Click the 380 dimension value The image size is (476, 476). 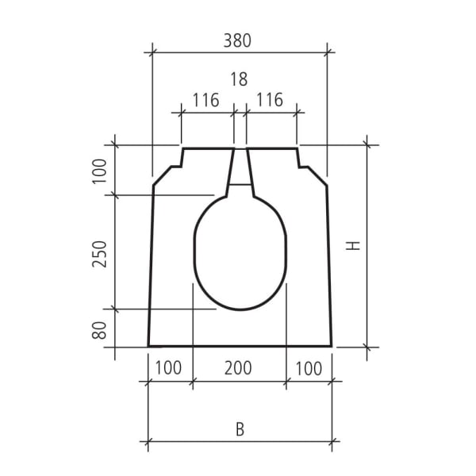(x=239, y=40)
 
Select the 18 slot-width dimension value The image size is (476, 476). (x=239, y=79)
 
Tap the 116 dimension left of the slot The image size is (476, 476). (x=205, y=101)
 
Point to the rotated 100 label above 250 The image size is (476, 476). (x=99, y=171)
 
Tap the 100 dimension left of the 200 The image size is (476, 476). (x=168, y=368)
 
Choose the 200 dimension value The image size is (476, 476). (x=238, y=368)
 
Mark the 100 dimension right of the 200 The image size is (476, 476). (x=309, y=368)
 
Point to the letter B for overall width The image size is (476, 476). (x=240, y=430)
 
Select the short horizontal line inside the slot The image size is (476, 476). (x=240, y=185)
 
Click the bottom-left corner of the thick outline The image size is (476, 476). (x=149, y=346)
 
